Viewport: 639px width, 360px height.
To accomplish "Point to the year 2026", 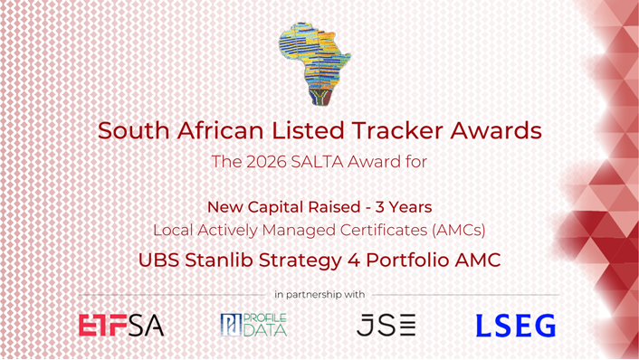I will click(262, 164).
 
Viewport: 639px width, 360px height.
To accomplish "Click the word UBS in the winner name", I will click(158, 260).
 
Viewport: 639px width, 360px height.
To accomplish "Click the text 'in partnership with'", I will click(319, 294).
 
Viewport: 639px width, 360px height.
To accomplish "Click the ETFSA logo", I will click(121, 326).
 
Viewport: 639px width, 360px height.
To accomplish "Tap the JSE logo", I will click(386, 326).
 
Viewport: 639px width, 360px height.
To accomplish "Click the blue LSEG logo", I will click(517, 326).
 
